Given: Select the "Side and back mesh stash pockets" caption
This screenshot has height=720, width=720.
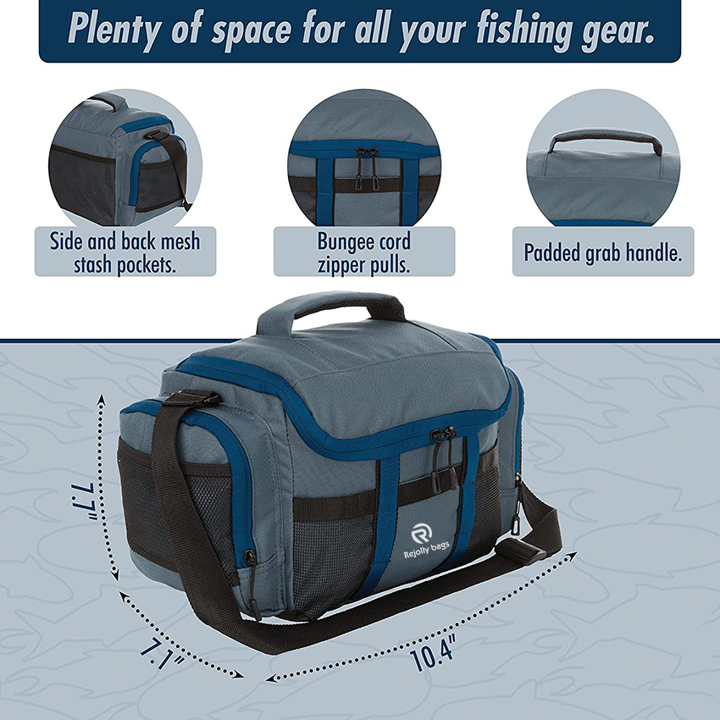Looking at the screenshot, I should pos(125,252).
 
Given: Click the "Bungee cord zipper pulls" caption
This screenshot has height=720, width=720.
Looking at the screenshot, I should pos(364,252).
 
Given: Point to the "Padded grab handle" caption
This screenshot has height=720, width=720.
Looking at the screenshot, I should pos(603,252).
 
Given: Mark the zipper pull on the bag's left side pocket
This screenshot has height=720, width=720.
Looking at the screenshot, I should pos(250,558).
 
